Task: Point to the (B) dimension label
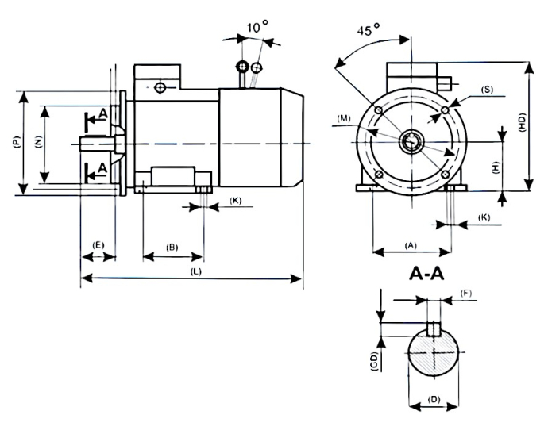click(x=172, y=247)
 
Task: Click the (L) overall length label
click(x=195, y=271)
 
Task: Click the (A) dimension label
click(x=411, y=245)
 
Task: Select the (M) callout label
click(x=344, y=118)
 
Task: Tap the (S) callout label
click(x=487, y=90)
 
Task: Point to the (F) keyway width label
click(x=467, y=294)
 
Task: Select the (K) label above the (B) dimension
click(x=236, y=201)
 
